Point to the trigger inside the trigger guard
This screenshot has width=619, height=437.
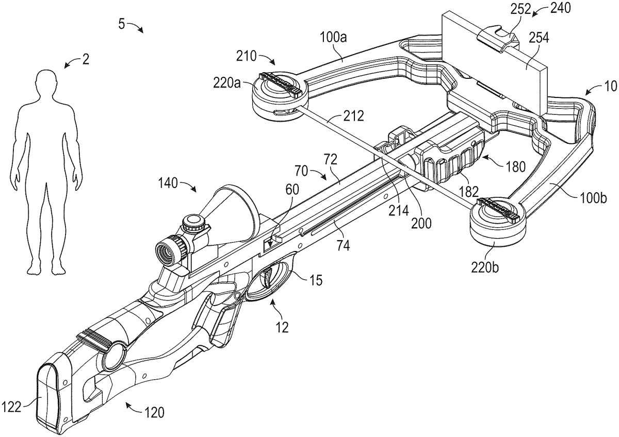point(270,278)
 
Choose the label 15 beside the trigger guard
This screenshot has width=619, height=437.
point(316,280)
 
